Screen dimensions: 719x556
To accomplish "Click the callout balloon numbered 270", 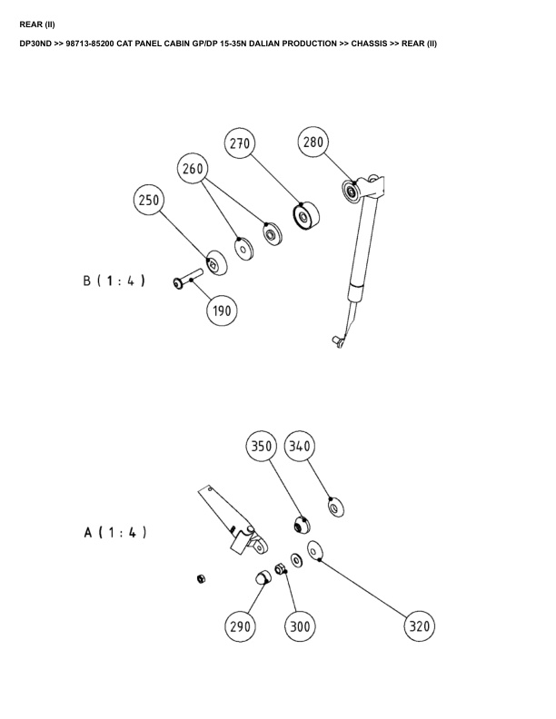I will click(240, 143).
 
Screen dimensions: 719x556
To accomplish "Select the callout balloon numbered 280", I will click(313, 143).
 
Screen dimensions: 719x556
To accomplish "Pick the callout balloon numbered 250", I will click(149, 201).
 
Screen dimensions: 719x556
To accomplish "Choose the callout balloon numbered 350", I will click(263, 446).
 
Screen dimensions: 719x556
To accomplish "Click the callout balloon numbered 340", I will click(301, 446).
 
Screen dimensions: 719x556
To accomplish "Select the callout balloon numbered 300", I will click(300, 625).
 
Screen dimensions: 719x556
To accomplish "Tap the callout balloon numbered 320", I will click(419, 625).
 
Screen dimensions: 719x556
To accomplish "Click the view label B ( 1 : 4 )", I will click(114, 281).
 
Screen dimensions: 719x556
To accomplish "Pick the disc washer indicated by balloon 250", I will click(214, 263).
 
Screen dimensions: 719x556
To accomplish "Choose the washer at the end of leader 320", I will click(316, 551).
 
